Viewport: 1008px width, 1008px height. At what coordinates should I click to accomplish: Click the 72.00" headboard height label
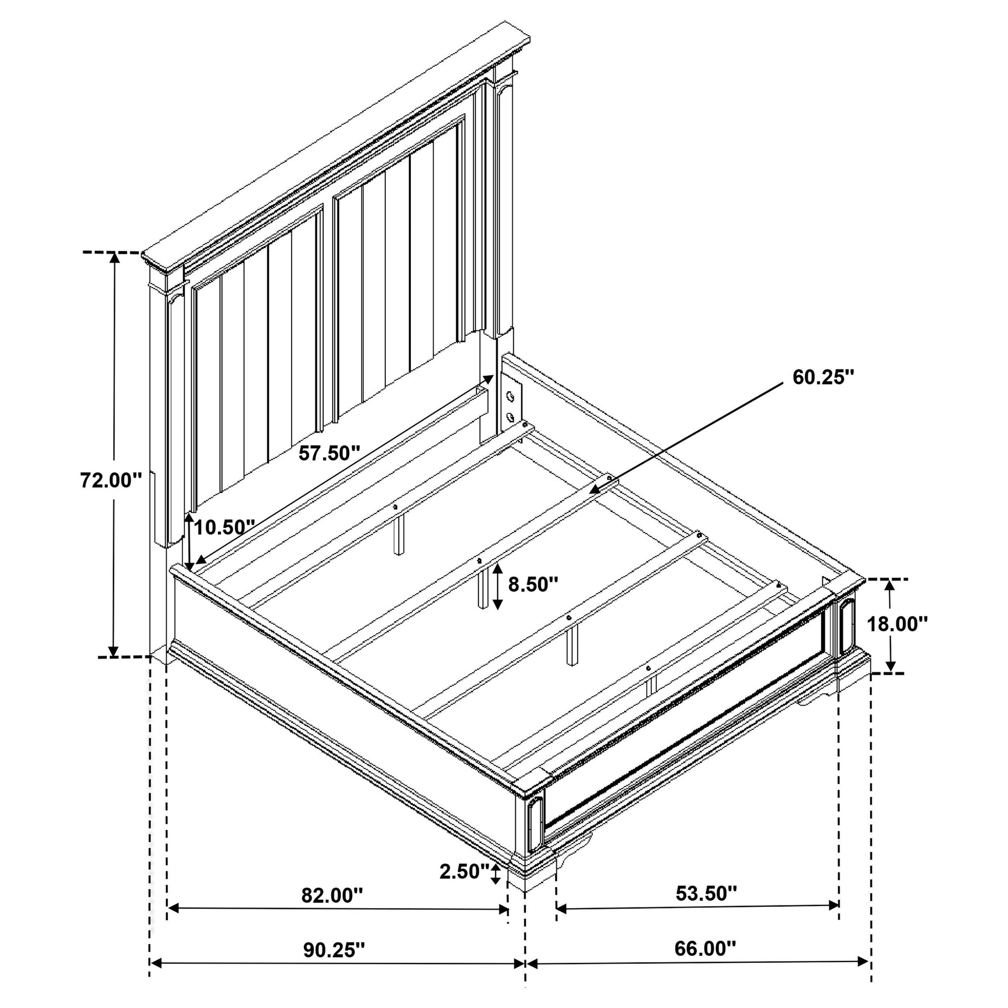(111, 481)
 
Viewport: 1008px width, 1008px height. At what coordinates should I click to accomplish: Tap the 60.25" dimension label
(823, 377)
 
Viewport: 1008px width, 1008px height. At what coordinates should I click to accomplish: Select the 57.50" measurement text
(329, 453)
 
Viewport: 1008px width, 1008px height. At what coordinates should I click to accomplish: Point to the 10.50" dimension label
(224, 527)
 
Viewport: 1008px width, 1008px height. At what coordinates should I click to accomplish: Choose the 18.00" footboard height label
(897, 623)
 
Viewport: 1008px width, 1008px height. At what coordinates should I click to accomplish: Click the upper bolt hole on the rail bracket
(511, 397)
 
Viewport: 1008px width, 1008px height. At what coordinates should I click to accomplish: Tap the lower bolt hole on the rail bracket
(510, 417)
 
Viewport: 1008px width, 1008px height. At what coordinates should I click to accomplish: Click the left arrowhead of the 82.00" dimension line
(172, 923)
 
